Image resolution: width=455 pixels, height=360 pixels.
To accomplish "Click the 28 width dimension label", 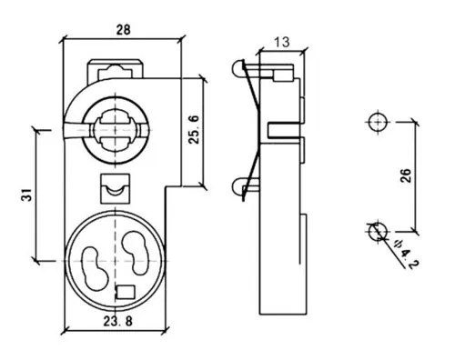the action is pyautogui.click(x=124, y=30).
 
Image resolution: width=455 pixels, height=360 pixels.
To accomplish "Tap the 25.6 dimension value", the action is pyautogui.click(x=194, y=130).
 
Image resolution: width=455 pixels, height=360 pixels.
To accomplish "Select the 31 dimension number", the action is pyautogui.click(x=26, y=195).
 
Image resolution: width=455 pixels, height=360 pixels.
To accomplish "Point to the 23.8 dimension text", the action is pyautogui.click(x=118, y=321).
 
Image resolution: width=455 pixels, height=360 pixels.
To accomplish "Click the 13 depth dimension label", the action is pyautogui.click(x=282, y=42).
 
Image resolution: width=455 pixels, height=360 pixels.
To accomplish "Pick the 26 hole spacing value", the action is pyautogui.click(x=406, y=175).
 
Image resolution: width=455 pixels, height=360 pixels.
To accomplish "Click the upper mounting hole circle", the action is pyautogui.click(x=378, y=122).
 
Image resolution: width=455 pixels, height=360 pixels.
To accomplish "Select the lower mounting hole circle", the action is pyautogui.click(x=378, y=231).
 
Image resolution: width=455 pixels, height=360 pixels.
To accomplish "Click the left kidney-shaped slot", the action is pyautogui.click(x=95, y=269).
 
